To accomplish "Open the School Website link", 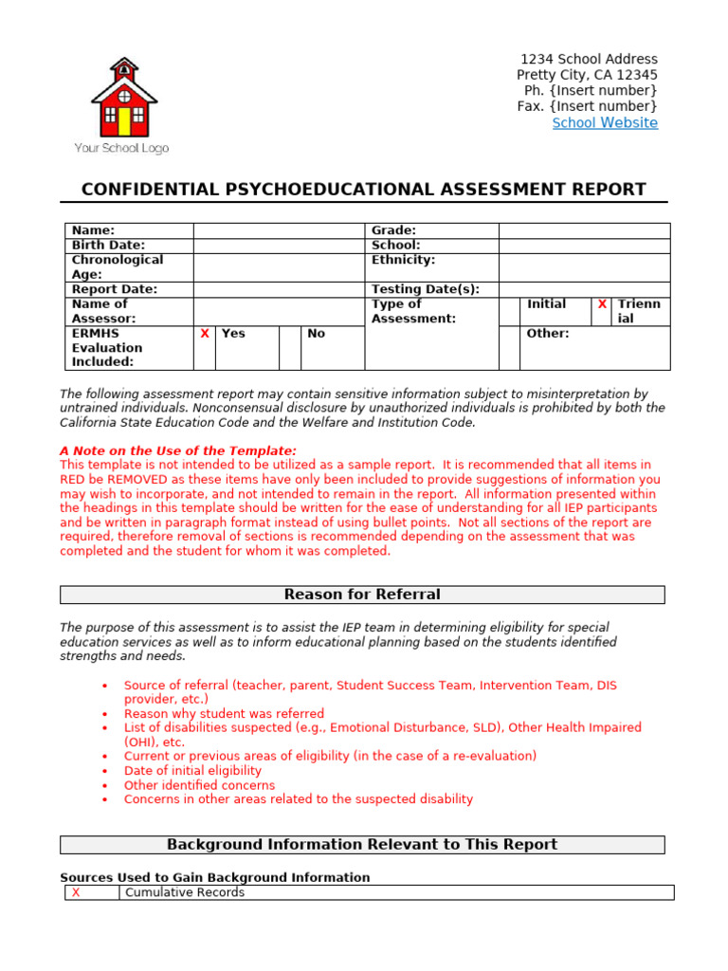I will point(605,123).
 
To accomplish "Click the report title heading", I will point(364,190).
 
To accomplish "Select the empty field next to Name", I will point(279,230).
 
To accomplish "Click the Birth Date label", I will point(108,246).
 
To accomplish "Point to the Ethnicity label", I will point(403,260).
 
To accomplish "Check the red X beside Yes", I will point(205,334).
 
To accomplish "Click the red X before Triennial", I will point(602,304).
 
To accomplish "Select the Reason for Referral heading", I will point(362,595).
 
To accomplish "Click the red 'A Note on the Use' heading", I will point(178,450).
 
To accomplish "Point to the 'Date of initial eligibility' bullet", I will point(192,771).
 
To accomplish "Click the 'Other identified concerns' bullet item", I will point(199,785).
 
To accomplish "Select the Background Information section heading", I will point(362,845).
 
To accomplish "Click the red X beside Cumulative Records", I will point(76,892).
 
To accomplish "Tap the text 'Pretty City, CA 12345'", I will point(587,75).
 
